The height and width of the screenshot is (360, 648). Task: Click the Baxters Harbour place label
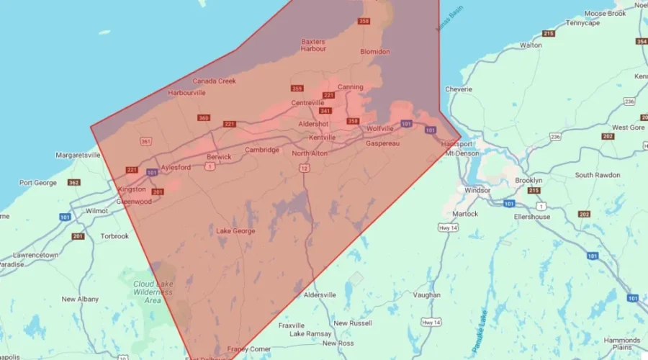313,45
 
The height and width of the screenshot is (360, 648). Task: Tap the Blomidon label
375,52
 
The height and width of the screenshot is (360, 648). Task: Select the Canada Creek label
214,81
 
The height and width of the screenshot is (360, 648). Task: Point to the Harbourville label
187,93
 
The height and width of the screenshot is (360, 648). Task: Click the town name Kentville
322,138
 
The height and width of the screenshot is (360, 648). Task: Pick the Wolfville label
380,128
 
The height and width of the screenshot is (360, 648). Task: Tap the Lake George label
235,231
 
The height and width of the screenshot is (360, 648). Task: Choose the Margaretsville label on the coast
78,155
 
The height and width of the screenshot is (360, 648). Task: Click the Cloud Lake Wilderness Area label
153,292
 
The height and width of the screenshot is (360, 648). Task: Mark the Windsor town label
477,191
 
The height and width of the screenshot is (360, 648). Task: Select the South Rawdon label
597,175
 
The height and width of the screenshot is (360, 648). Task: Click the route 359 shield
297,89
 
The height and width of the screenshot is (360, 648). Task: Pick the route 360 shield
204,118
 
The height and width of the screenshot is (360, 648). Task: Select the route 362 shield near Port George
73,183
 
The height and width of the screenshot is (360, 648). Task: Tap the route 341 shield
325,111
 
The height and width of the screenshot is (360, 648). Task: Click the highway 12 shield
305,168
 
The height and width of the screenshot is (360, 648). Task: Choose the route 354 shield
641,42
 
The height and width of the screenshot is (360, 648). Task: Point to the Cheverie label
459,89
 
